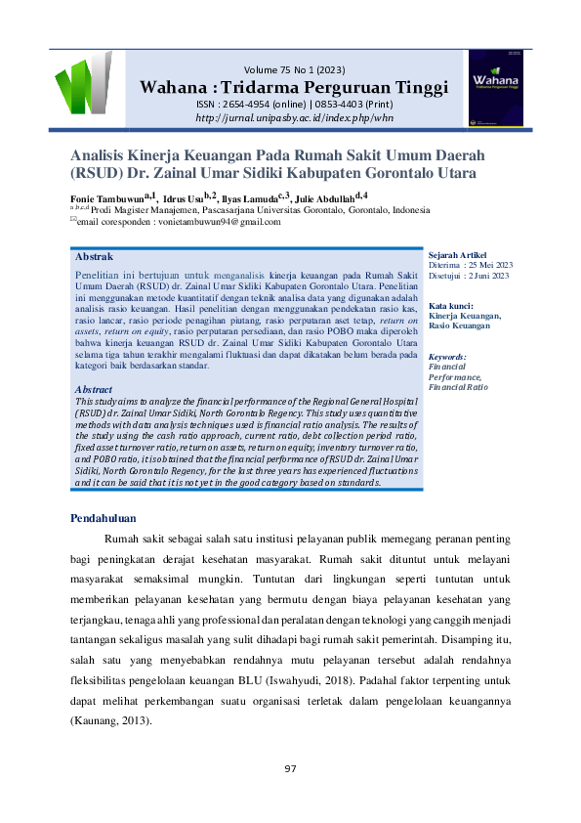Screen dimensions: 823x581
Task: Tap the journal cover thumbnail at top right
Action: [x=496, y=90]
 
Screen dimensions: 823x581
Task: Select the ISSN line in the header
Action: [x=294, y=104]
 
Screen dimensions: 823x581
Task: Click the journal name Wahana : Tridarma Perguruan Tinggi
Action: [x=294, y=87]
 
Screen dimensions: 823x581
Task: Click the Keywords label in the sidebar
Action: [x=448, y=357]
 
